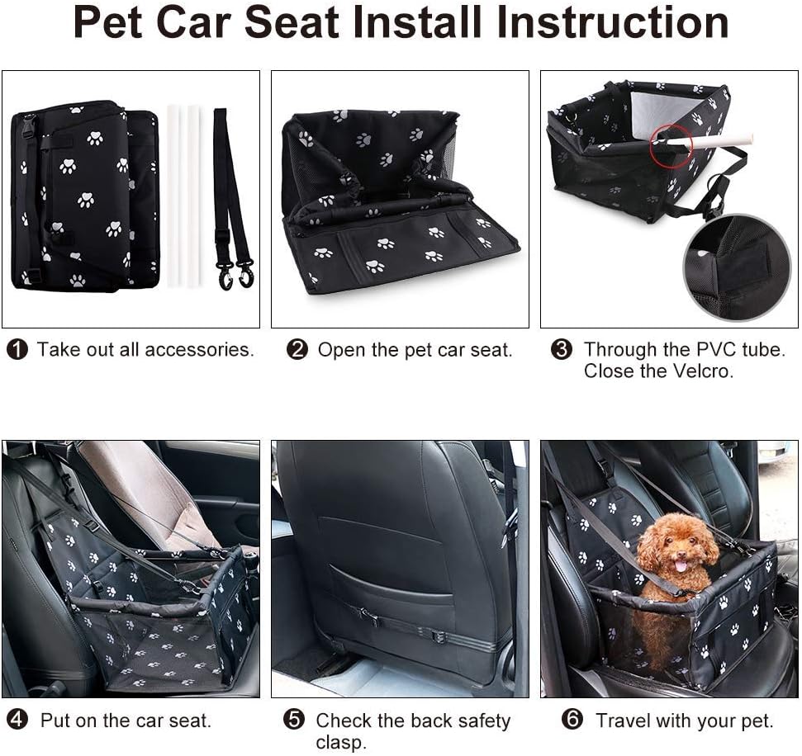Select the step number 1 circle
(17, 350)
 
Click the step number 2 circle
(297, 350)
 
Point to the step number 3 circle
(562, 350)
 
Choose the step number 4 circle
(17, 720)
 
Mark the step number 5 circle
(293, 720)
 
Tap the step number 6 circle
(572, 720)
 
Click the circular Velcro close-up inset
(737, 266)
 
